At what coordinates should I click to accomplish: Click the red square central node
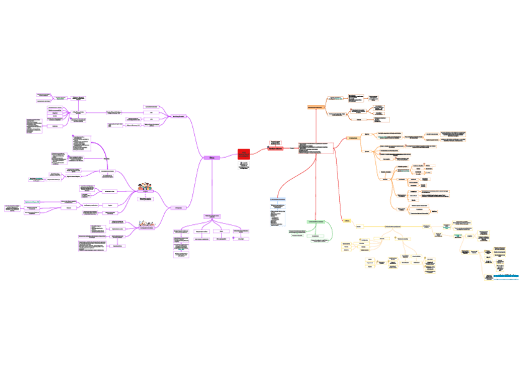pos(244,154)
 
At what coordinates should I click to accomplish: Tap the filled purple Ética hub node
pos(212,158)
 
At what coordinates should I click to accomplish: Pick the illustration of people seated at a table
pos(147,223)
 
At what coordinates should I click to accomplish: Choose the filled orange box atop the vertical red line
pos(316,107)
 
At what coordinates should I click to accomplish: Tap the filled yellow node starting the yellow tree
pos(347,220)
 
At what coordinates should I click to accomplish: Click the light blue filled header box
pos(278,199)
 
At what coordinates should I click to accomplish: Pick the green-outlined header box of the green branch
pos(316,222)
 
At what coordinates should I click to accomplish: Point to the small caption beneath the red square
pos(244,166)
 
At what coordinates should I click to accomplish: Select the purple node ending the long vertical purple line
pos(213,216)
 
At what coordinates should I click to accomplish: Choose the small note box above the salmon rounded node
pos(275,142)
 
